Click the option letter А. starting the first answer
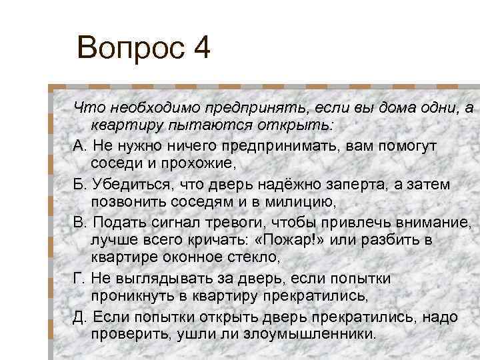pyautogui.click(x=81, y=145)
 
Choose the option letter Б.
pyautogui.click(x=81, y=183)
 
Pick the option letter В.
pyautogui.click(x=81, y=221)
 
